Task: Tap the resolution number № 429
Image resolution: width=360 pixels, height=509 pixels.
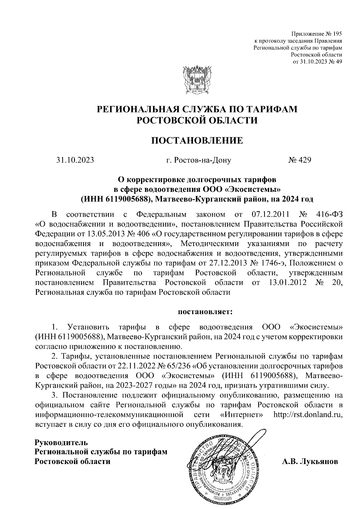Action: coord(299,160)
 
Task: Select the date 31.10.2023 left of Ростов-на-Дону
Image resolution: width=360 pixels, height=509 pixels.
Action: coord(75,160)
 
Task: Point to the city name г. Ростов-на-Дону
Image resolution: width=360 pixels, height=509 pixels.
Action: coord(199,160)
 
